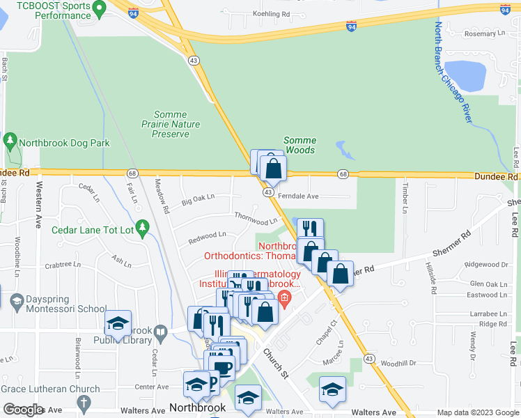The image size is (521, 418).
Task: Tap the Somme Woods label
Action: (299, 145)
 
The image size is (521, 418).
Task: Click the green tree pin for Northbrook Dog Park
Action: (10, 142)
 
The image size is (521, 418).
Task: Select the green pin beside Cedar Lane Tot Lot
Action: (143, 227)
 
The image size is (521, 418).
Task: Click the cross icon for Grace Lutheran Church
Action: (84, 402)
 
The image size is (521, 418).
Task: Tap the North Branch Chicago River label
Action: (453, 74)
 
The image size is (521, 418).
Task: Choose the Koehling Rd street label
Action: (271, 13)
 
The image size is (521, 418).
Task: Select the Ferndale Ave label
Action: (298, 196)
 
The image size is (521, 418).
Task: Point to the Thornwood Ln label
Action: (256, 218)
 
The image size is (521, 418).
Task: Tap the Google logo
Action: (24, 410)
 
